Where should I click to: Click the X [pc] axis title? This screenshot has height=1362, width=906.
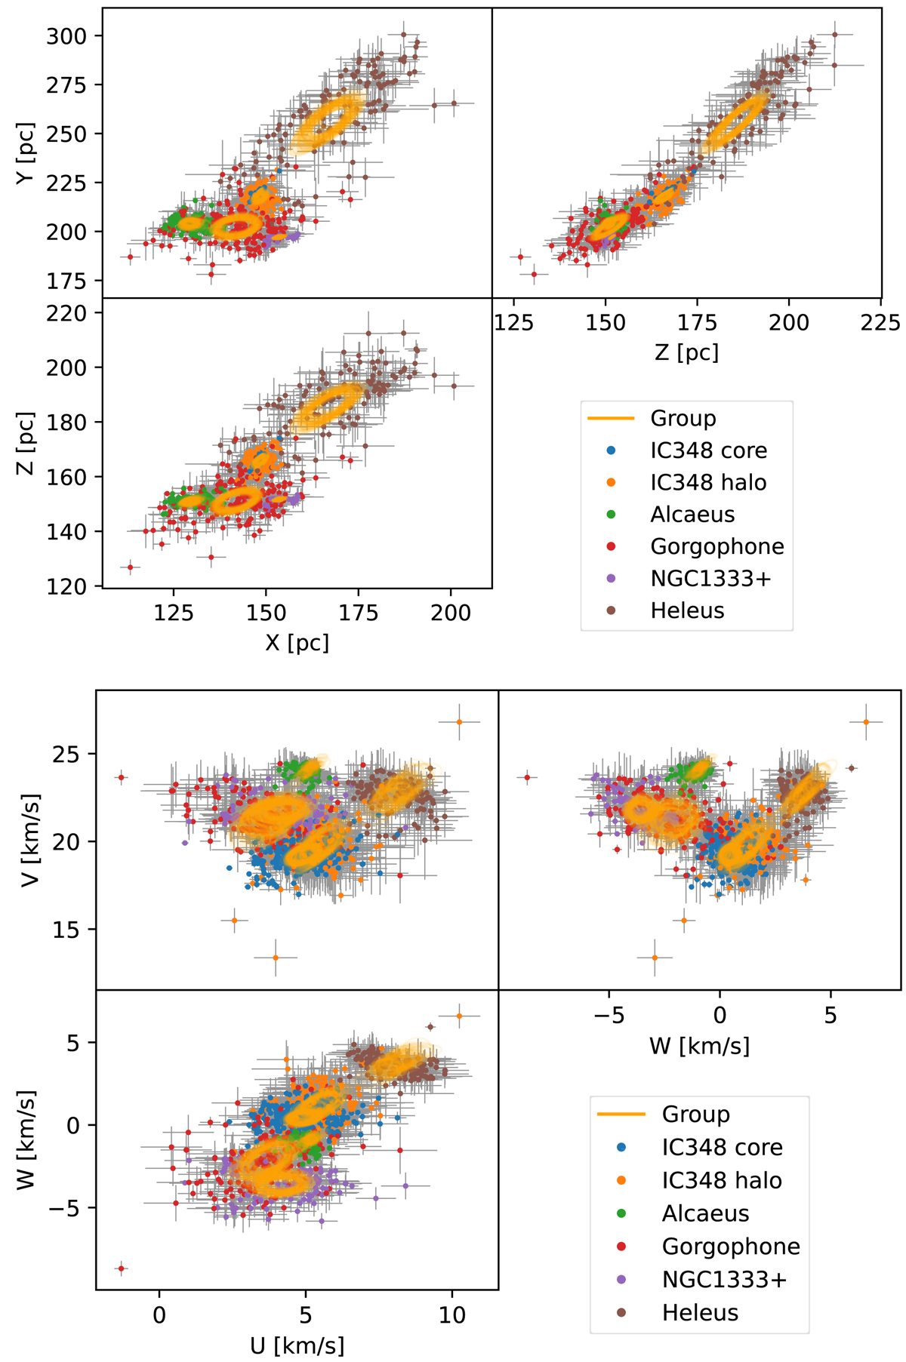click(297, 642)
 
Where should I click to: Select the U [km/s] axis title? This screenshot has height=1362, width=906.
click(297, 1345)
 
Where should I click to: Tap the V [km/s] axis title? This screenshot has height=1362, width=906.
click(29, 841)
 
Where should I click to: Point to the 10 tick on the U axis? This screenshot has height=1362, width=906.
click(451, 1314)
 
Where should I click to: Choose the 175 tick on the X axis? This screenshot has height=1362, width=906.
click(358, 612)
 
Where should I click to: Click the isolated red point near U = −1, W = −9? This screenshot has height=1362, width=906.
click(121, 1268)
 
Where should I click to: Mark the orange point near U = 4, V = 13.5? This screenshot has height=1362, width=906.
click(276, 958)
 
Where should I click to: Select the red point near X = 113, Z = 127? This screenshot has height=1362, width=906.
click(130, 567)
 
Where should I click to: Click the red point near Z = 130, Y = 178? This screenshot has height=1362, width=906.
click(534, 274)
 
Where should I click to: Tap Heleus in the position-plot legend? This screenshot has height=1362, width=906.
click(687, 610)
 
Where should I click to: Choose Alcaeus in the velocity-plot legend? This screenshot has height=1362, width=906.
click(705, 1213)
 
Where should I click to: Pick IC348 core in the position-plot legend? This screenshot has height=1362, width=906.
click(708, 450)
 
